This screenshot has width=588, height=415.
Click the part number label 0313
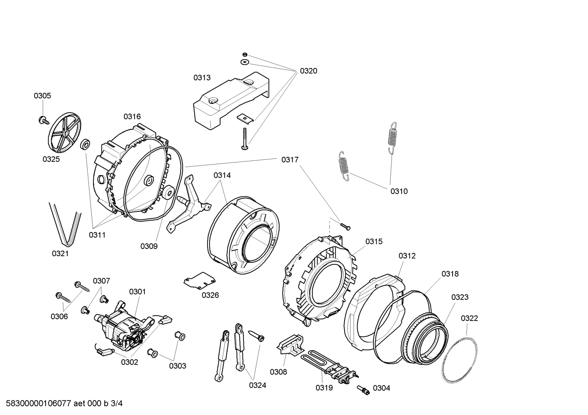tap(202, 77)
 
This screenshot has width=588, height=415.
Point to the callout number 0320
tap(308, 71)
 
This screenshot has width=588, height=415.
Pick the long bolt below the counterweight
tap(244, 138)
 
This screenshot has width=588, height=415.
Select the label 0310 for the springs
tap(399, 191)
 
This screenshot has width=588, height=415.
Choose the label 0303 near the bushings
tap(177, 366)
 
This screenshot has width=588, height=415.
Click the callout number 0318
tap(450, 274)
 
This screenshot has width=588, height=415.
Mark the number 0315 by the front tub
tap(374, 242)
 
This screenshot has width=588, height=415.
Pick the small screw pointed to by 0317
tap(345, 225)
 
